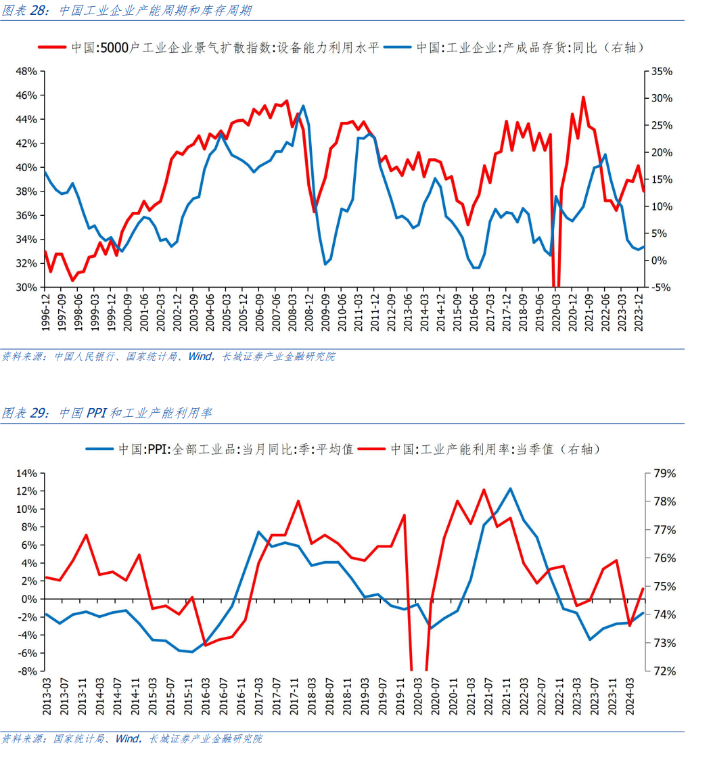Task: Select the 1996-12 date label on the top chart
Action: [45, 312]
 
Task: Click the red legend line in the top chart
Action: [52, 47]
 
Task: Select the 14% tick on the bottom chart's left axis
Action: [27, 473]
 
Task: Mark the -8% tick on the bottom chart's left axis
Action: [27, 671]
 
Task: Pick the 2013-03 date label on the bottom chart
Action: [45, 696]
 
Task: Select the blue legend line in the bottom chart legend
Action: [100, 449]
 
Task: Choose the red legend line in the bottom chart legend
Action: [371, 449]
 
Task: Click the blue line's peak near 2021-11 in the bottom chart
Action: [510, 489]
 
